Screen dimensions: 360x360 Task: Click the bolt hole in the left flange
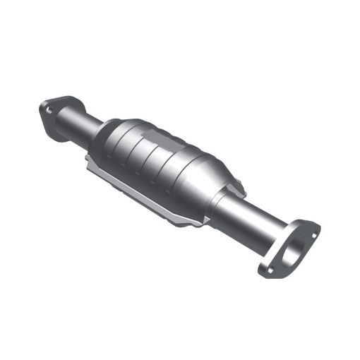[49, 109]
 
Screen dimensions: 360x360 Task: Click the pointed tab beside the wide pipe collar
[240, 189]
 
